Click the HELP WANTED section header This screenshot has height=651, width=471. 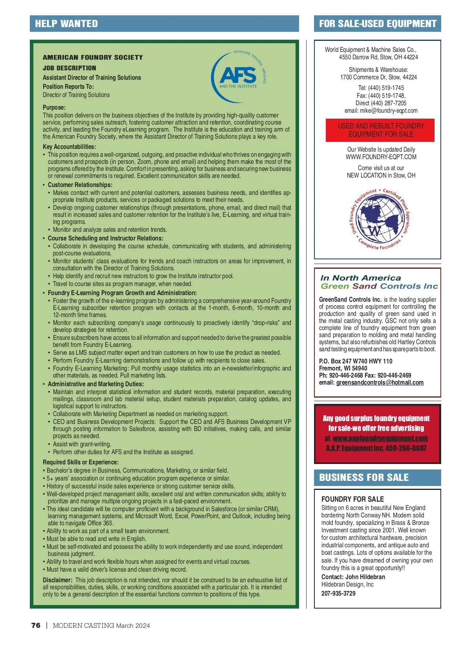pos(66,24)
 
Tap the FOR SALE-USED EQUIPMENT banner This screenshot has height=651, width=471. pos(378,24)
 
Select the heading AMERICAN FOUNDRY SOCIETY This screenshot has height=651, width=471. pos(93,57)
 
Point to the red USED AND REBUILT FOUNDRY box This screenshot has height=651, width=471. pos(380,130)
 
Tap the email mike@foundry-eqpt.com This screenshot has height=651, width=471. pos(389,111)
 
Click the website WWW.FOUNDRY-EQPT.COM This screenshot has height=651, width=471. pos(381,157)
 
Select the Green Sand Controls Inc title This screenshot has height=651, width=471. pos(379,286)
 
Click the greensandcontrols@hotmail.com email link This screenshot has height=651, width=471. pos(380,383)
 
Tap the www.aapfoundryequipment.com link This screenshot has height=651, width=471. pos(380,438)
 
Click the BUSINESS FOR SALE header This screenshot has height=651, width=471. pos(364,477)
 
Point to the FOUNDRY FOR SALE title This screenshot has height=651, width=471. pos(352,499)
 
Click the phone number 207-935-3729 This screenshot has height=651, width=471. pos(338,593)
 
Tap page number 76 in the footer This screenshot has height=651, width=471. pos(36,625)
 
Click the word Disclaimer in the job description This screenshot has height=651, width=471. pos(57,580)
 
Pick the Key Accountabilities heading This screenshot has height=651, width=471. pos(69,147)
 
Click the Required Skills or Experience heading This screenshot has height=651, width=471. pos(80,462)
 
